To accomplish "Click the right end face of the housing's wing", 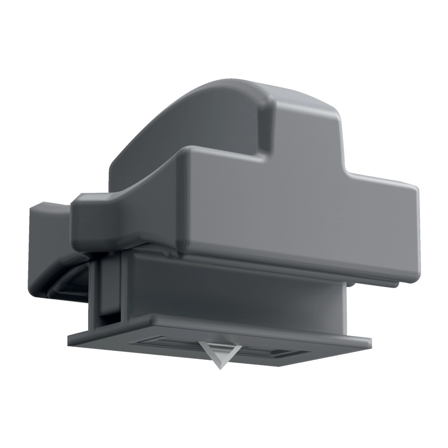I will (x=414, y=233).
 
